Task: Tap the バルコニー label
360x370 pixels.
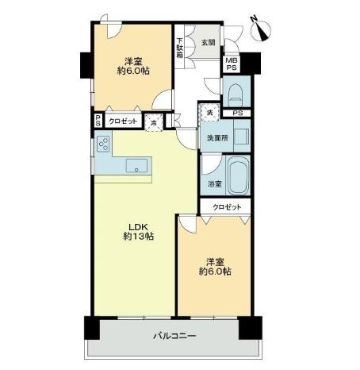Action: pyautogui.click(x=174, y=336)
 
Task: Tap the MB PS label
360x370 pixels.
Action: pyautogui.click(x=231, y=64)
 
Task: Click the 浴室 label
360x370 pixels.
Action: pyautogui.click(x=214, y=184)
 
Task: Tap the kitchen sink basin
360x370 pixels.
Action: pyautogui.click(x=136, y=166)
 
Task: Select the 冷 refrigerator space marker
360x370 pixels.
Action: pyautogui.click(x=155, y=121)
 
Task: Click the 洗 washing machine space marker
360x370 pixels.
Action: pyautogui.click(x=209, y=112)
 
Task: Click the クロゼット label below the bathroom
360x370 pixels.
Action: pyautogui.click(x=226, y=206)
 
